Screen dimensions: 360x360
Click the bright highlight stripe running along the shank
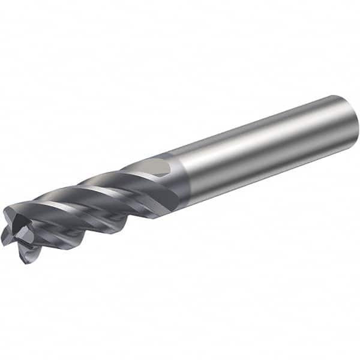pyautogui.click(x=264, y=135)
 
